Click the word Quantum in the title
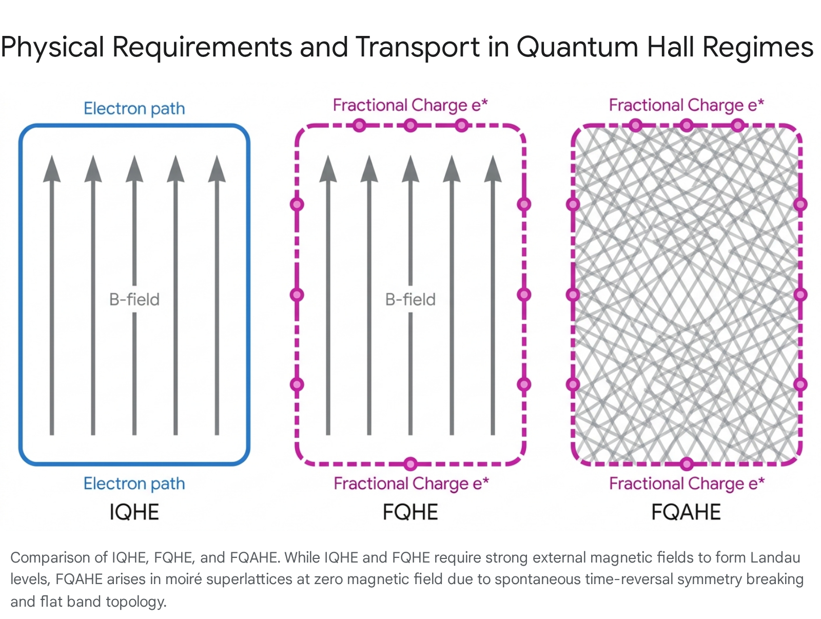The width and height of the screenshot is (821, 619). click(x=577, y=47)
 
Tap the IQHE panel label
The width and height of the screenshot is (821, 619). click(x=134, y=512)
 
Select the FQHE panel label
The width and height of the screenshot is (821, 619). click(x=411, y=512)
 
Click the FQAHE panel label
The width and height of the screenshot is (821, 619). click(x=686, y=512)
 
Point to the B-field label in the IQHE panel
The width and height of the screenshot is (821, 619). click(x=134, y=299)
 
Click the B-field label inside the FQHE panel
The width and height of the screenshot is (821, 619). click(x=411, y=299)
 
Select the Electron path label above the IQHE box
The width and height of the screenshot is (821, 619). click(x=134, y=108)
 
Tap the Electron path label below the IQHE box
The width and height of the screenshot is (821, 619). click(x=134, y=483)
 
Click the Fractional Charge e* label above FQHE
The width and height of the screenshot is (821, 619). click(x=411, y=105)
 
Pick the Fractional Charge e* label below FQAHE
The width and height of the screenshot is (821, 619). click(x=687, y=483)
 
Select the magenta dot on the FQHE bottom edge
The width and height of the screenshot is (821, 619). click(x=411, y=464)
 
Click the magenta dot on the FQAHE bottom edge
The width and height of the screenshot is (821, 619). click(x=687, y=464)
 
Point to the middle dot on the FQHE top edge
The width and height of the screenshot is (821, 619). click(x=411, y=125)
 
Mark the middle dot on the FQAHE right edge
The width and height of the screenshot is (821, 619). click(x=800, y=295)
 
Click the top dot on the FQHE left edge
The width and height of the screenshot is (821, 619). click(x=297, y=204)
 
